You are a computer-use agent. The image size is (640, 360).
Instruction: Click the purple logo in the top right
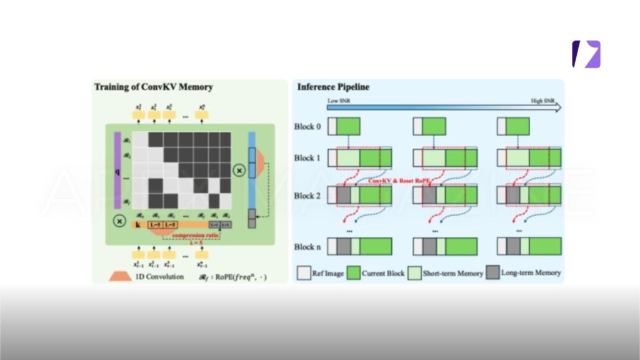point(586,54)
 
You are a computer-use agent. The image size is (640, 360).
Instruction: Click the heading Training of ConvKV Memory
point(153,87)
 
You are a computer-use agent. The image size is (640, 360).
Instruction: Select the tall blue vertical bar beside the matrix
point(251,169)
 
